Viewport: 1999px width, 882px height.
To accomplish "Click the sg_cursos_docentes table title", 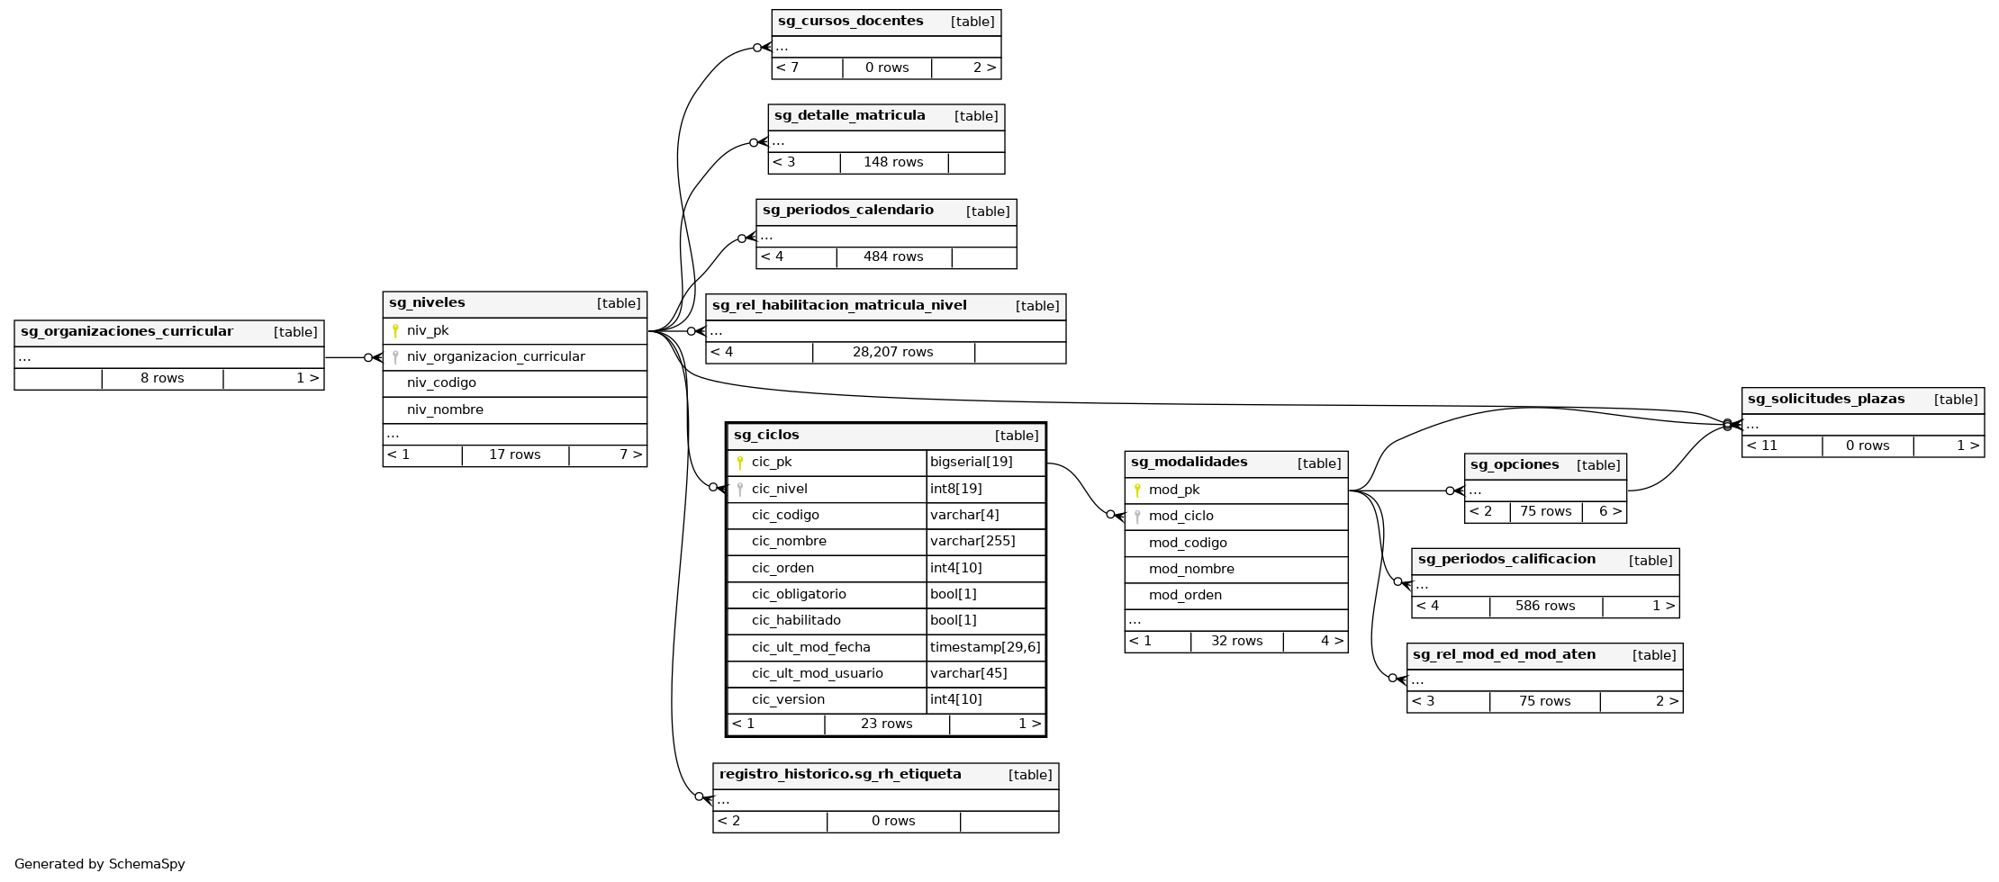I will pos(850,22).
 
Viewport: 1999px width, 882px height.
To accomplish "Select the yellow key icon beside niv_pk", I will pos(395,331).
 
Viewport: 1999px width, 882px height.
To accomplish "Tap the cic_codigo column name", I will pos(785,515).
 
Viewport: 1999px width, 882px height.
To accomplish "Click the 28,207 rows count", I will pos(892,352).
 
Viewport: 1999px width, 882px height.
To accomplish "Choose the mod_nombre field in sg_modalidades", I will pos(1191,569).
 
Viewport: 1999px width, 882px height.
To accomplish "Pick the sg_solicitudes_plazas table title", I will pos(1825,400).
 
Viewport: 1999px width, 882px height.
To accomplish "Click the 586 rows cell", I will pos(1544,607).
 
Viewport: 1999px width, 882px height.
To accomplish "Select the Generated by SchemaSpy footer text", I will pos(100,864).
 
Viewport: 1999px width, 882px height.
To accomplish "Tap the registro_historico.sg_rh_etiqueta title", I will pos(839,775).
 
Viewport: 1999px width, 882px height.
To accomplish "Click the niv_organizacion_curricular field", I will pos(495,357).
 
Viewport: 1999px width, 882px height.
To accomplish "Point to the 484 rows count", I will pos(892,257).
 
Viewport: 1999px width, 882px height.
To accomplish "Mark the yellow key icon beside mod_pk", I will pos(1137,490).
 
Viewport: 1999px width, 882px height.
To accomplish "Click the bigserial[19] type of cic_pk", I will pos(971,463).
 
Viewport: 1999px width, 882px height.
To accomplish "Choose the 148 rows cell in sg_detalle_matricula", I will pos(892,163).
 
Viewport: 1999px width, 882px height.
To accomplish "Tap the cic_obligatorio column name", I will pos(799,594).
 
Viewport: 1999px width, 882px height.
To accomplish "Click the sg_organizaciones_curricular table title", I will pos(127,332).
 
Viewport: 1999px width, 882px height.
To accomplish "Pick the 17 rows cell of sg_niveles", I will pos(514,455).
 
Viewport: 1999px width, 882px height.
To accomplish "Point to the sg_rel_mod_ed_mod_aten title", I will pos(1504,655).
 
